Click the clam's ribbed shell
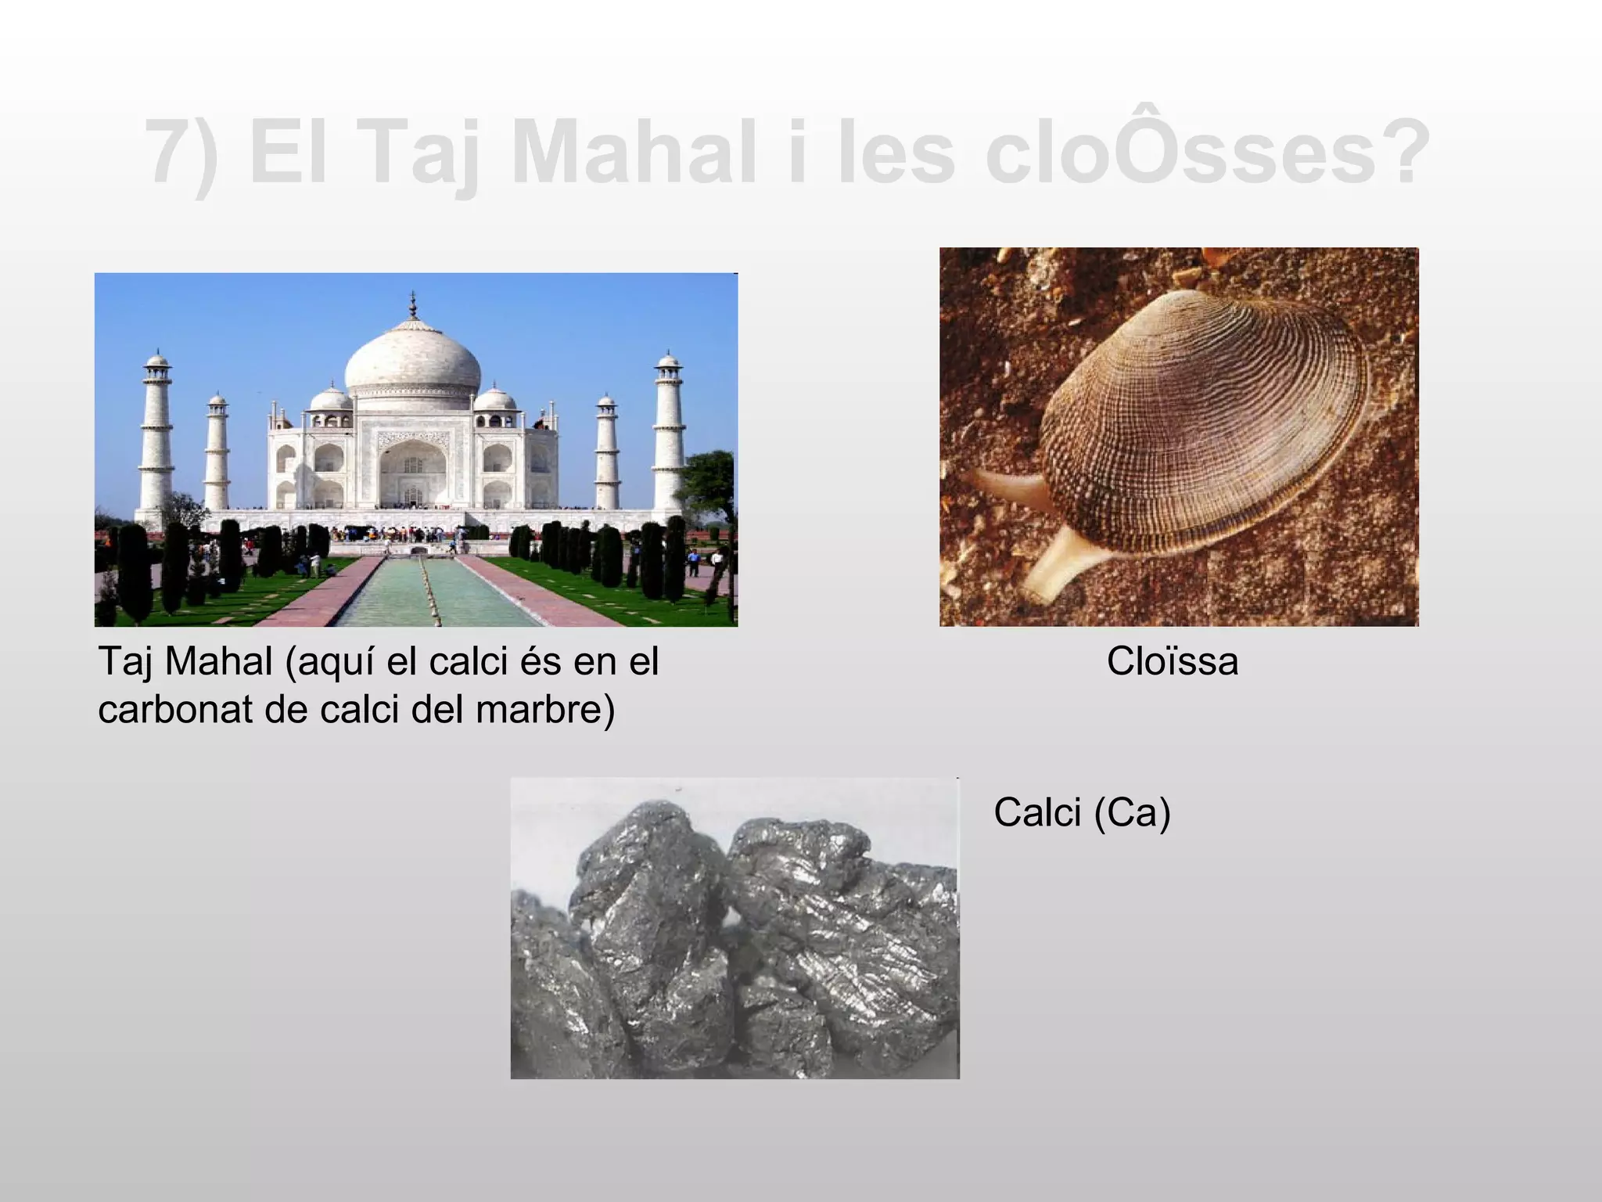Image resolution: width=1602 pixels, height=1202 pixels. click(1205, 415)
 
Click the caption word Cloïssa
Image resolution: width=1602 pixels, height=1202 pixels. click(1172, 662)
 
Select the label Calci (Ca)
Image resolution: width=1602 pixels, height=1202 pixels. click(1082, 813)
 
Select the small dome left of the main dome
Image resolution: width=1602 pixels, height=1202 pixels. click(331, 399)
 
